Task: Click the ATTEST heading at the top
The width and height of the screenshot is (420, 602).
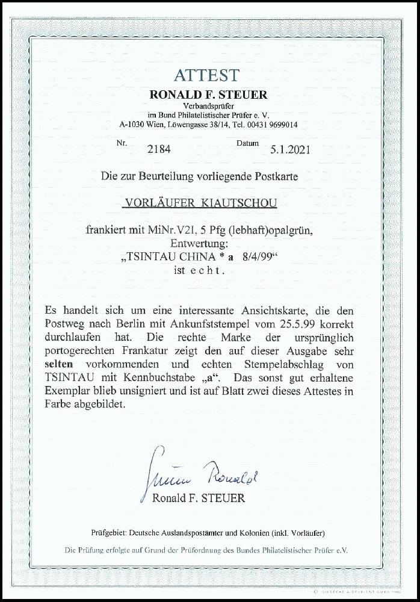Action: tap(206, 75)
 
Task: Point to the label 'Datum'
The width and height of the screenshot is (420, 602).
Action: tap(247, 143)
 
